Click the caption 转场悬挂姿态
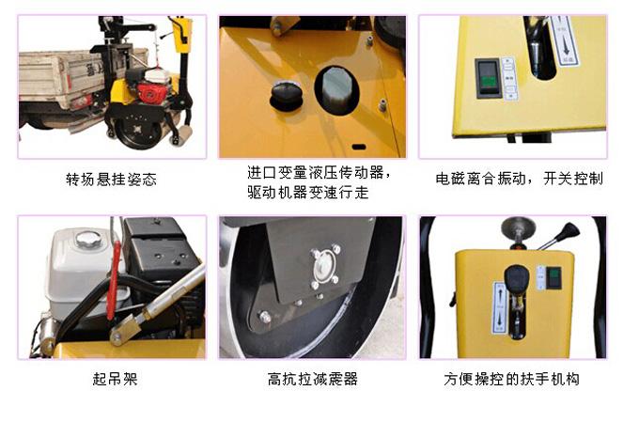click(111, 179)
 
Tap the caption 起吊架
click(111, 380)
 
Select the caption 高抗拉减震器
click(313, 380)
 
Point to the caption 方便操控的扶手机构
click(512, 380)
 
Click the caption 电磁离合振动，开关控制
click(520, 179)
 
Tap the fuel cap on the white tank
click(87, 235)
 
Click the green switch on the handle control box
click(554, 276)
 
